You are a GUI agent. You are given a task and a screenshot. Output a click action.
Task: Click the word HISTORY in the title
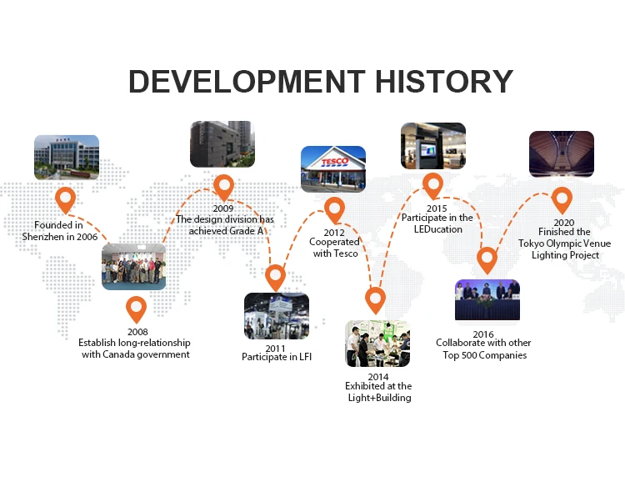point(444,82)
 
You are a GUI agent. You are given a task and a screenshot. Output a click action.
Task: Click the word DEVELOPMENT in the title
point(247,82)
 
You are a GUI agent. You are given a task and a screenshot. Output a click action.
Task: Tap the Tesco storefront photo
point(333,169)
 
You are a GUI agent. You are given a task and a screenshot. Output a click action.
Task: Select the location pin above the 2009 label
point(223,188)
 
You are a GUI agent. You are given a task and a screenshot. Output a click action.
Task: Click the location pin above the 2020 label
point(562,201)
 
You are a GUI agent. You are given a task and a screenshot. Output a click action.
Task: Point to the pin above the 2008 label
point(137,309)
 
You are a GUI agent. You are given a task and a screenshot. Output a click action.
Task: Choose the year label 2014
point(378,377)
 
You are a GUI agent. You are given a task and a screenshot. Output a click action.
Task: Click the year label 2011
point(276,349)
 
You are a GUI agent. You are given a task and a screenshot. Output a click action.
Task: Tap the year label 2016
point(483,334)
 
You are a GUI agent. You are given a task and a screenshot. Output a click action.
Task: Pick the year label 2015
point(437,208)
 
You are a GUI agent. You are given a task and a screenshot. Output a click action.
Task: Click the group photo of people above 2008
point(134,267)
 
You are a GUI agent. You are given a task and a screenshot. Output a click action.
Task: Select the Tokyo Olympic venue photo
point(562,154)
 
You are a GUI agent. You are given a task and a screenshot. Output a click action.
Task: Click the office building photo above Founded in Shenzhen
point(67,158)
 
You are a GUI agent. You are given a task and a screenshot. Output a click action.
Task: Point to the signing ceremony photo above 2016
point(487,299)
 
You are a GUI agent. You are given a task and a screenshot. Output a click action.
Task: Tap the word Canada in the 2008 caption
point(117,354)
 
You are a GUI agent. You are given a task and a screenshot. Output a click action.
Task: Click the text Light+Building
point(380,398)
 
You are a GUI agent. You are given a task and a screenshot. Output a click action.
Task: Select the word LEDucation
point(438,229)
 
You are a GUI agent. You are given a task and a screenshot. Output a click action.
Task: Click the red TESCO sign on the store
point(335,162)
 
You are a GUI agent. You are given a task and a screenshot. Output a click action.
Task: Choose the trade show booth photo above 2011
point(277,316)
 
